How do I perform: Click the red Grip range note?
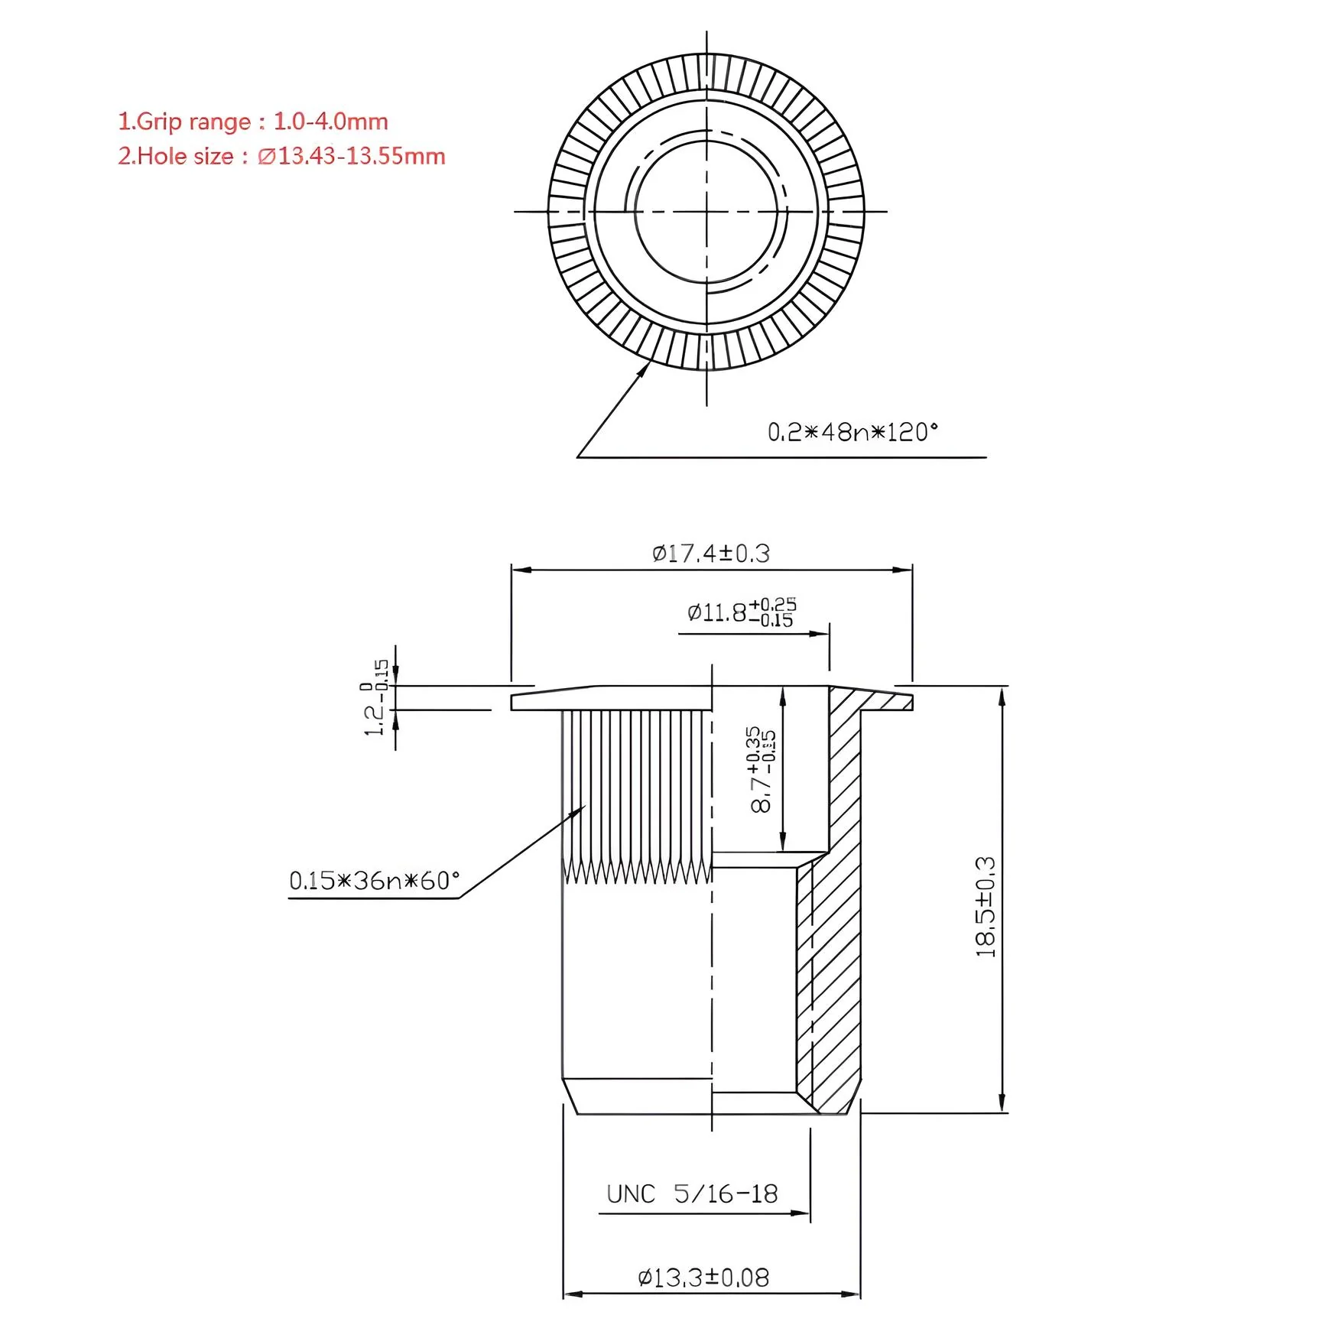pos(253,122)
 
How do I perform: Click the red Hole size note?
pos(281,156)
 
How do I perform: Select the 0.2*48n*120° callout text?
pos(852,432)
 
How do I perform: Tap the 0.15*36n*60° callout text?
pos(375,880)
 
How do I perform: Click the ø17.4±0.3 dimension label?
pos(711,553)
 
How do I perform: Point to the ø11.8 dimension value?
pos(716,612)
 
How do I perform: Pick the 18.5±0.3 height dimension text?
pos(986,907)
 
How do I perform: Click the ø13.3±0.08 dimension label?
pos(703,1278)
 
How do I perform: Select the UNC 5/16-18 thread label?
pos(692,1193)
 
